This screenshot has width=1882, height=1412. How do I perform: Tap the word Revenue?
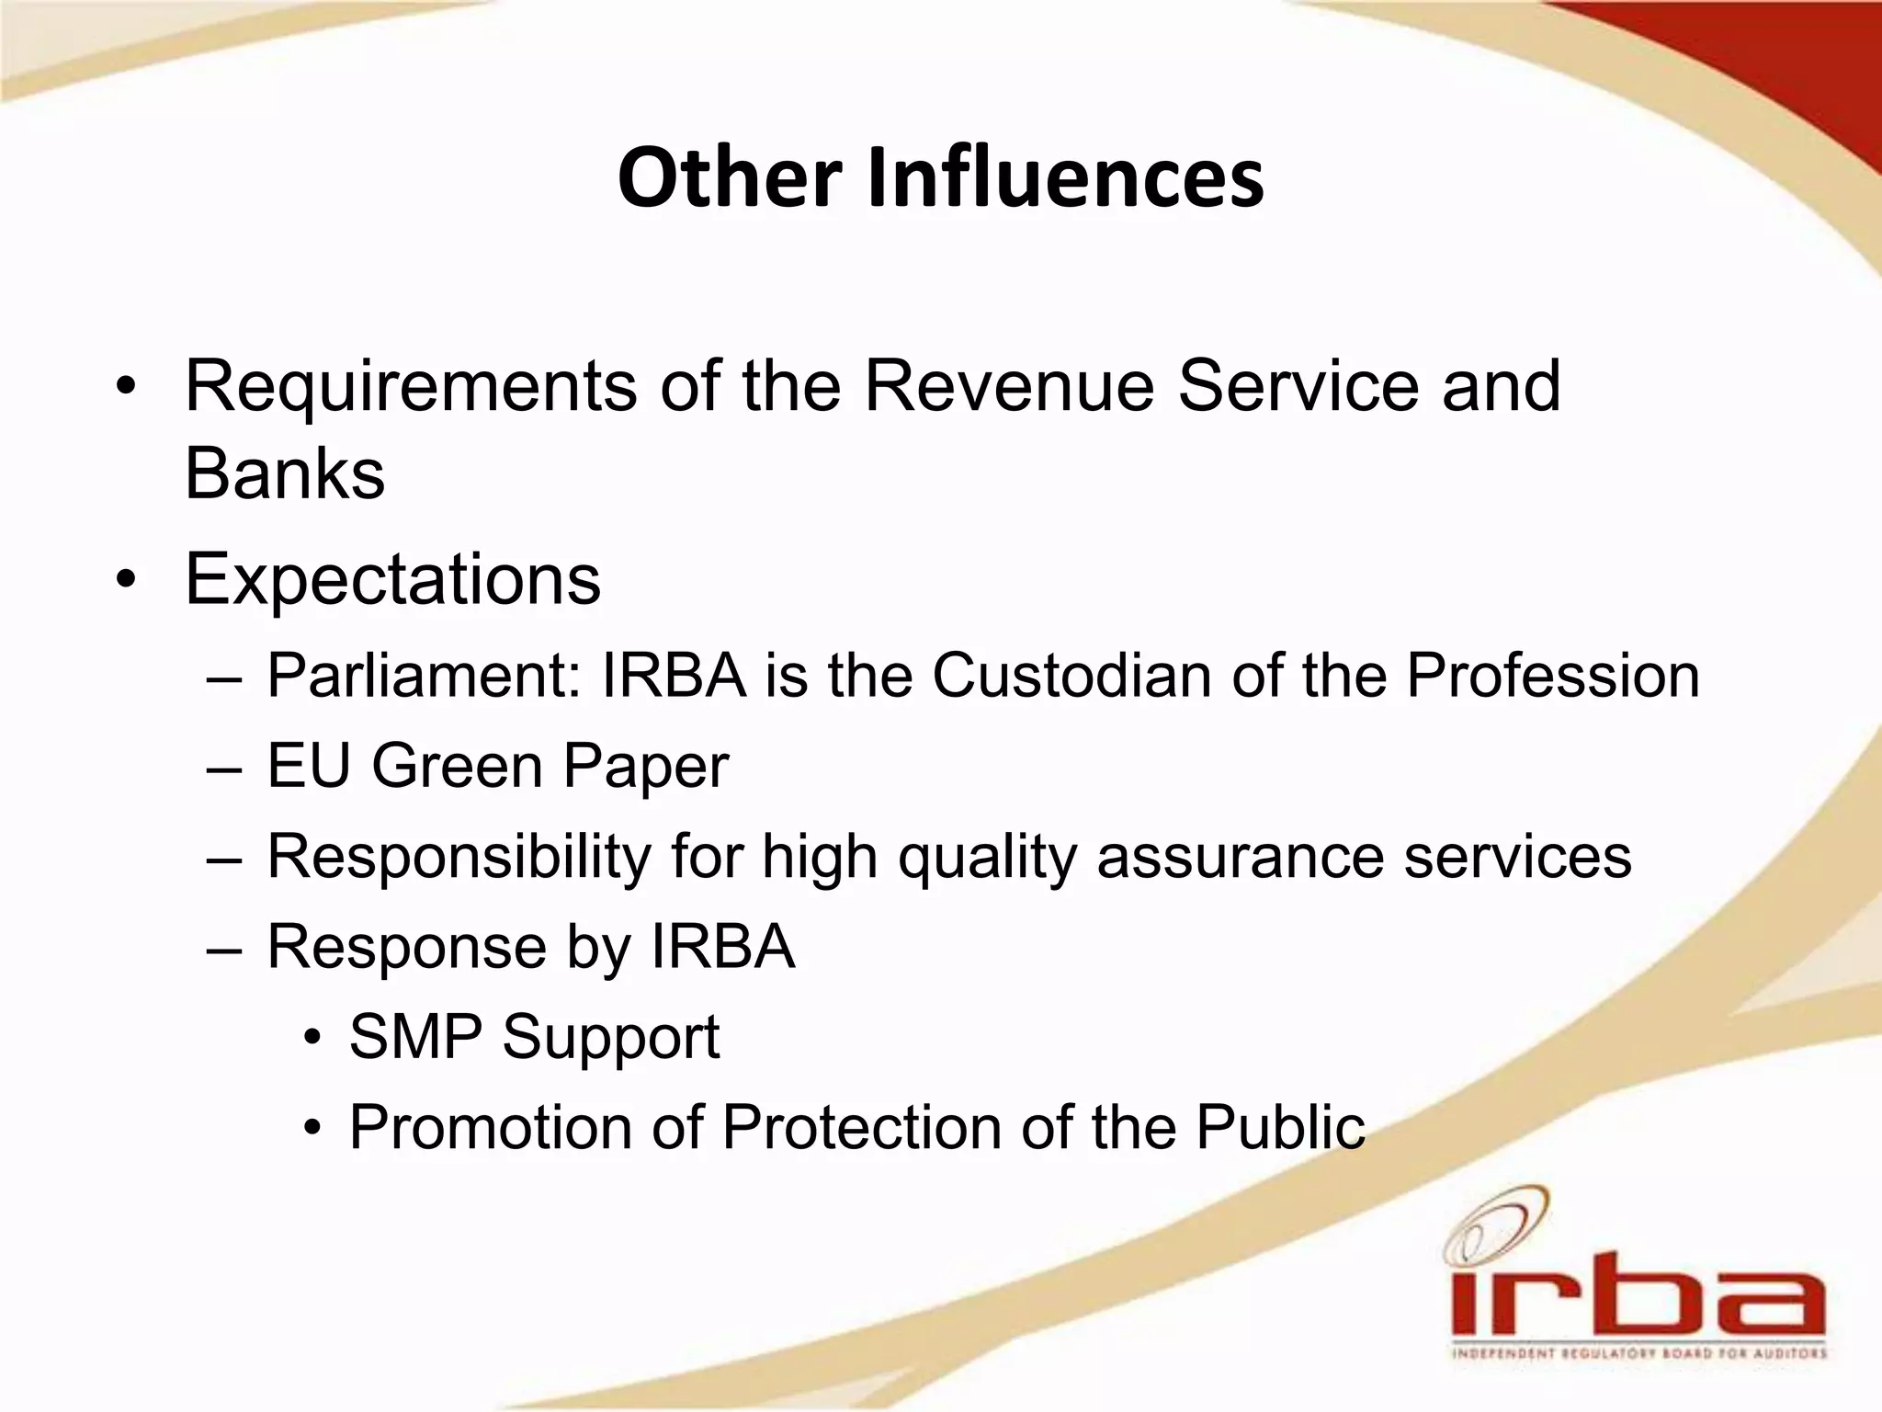[1009, 386]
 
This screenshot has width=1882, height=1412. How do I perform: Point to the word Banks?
[285, 474]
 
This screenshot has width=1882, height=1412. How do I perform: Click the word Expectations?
[393, 581]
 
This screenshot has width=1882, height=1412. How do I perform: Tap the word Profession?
[1553, 677]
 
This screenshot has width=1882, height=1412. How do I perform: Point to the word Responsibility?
[459, 857]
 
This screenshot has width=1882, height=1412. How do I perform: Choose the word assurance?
[1241, 857]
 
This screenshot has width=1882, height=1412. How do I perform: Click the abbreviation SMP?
[415, 1037]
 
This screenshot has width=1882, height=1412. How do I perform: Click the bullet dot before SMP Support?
[313, 1038]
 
